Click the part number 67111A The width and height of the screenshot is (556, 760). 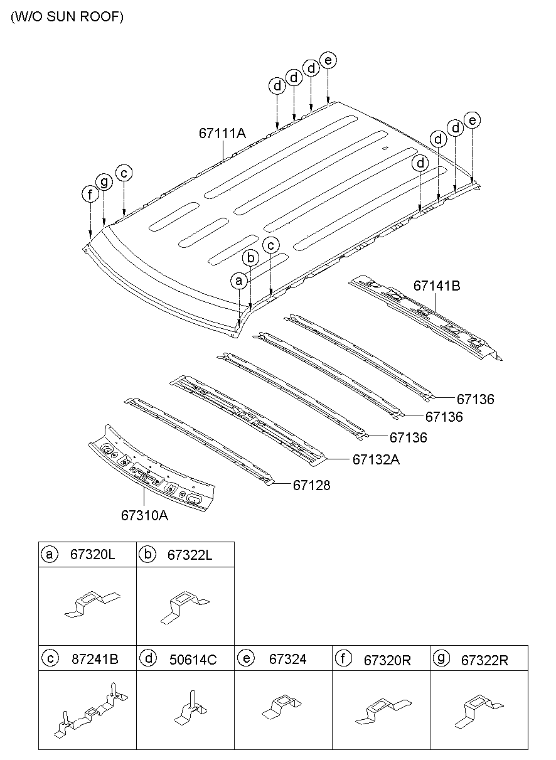point(222,133)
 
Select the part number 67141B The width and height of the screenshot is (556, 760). point(437,286)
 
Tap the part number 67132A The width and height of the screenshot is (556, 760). point(376,459)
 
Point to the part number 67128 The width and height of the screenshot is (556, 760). point(311,485)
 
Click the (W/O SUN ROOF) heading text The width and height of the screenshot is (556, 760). point(67,16)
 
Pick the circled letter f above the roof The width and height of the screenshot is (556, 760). point(90,195)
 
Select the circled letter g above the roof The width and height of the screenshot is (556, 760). point(104,181)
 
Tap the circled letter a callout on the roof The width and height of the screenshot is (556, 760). point(239,281)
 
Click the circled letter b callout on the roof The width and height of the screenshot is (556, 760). point(250,258)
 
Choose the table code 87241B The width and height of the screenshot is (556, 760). point(95,659)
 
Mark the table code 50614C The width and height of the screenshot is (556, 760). point(193,659)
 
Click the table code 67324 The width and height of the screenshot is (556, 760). point(287,659)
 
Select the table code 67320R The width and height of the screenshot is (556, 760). point(387,660)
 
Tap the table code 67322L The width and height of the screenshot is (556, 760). point(190,555)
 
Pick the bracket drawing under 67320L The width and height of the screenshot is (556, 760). point(92,604)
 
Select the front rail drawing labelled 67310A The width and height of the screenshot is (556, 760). point(151,469)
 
